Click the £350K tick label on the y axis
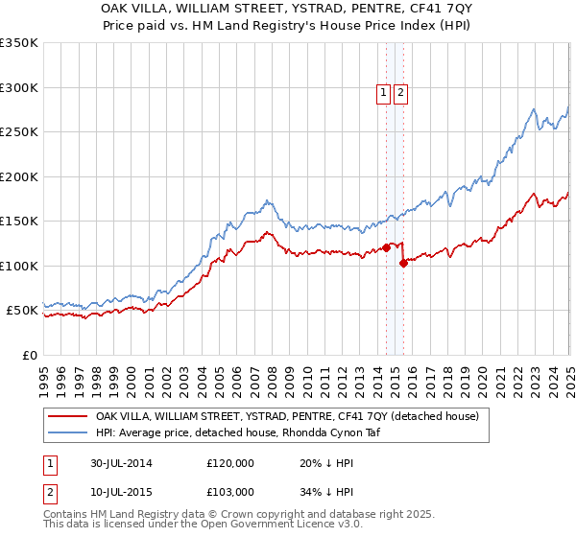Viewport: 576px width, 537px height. pyautogui.click(x=19, y=43)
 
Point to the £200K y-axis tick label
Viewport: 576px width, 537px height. pyautogui.click(x=19, y=176)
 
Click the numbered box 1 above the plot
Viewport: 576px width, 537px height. pyautogui.click(x=383, y=93)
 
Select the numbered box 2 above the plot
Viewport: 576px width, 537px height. pyautogui.click(x=400, y=93)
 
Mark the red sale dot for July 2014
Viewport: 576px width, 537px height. pyautogui.click(x=386, y=247)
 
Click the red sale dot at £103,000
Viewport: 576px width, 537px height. pyautogui.click(x=403, y=263)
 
